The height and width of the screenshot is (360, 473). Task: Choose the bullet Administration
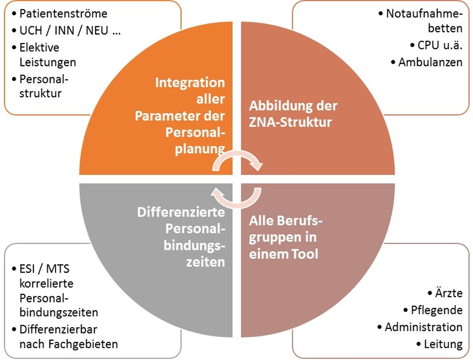click(423, 327)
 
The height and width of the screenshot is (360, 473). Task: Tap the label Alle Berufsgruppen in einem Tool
click(284, 237)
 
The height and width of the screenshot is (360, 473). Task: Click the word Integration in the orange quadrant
click(190, 82)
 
